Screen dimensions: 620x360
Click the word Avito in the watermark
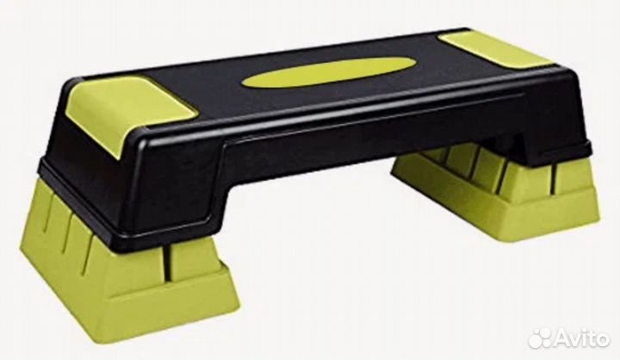pyautogui.click(x=582, y=339)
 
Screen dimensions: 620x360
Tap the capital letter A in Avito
pyautogui.click(x=562, y=339)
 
